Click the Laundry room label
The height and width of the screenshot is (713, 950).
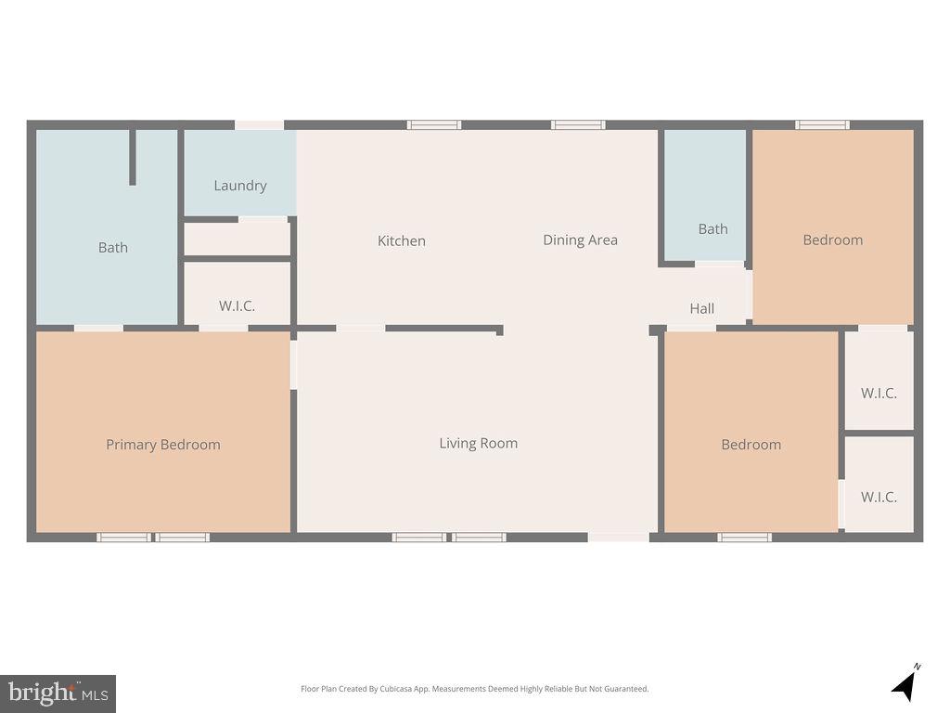(x=240, y=186)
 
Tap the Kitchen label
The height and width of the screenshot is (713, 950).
(x=401, y=240)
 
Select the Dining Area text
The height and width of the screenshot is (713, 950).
(x=580, y=240)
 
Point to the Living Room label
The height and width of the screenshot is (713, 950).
(x=478, y=443)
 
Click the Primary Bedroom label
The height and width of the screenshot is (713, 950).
(x=163, y=445)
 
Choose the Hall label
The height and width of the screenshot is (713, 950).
(x=701, y=308)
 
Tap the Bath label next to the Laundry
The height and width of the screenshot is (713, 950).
(x=113, y=247)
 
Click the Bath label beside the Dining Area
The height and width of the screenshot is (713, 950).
(x=712, y=228)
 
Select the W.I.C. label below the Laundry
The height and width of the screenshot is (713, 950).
(x=237, y=305)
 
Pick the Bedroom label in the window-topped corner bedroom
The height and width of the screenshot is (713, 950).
(x=832, y=240)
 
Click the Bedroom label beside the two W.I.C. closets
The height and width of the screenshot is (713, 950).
(x=751, y=445)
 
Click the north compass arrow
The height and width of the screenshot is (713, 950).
(x=905, y=684)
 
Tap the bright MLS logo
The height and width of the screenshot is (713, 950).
(x=58, y=693)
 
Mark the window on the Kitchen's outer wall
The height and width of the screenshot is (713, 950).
(x=433, y=124)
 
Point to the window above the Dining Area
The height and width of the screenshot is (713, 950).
(x=578, y=124)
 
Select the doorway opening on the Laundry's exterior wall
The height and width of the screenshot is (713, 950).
(x=259, y=124)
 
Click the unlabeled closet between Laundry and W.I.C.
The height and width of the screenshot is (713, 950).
(x=237, y=239)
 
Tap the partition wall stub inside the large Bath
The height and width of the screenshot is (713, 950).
(x=133, y=157)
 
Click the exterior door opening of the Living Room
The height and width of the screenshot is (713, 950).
(x=618, y=537)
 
